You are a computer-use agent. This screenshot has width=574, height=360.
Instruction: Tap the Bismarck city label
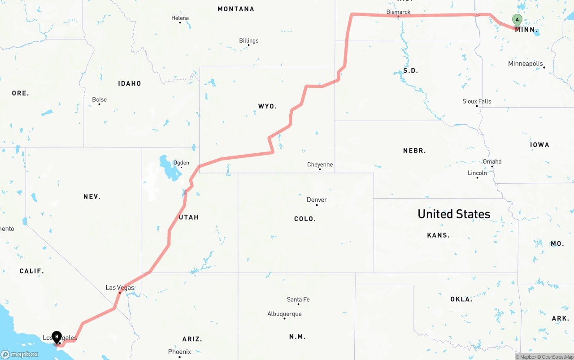tap(398, 12)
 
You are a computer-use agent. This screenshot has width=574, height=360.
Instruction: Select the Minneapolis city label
tap(525, 64)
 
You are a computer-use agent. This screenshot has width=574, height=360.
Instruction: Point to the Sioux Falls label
tap(477, 101)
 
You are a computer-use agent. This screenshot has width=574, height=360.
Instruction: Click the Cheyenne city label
tap(320, 165)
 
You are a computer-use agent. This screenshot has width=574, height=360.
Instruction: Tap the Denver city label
tap(317, 200)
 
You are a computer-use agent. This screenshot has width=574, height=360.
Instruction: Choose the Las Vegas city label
tap(120, 287)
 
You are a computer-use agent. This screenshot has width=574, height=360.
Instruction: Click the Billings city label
tap(249, 40)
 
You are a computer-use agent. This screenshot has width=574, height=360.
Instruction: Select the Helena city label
tap(180, 18)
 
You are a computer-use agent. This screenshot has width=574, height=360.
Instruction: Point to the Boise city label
tap(99, 99)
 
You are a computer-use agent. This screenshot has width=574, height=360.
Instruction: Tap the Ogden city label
tap(181, 163)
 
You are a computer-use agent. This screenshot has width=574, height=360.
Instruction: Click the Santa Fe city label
tap(298, 299)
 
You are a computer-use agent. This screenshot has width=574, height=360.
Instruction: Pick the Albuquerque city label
tap(284, 314)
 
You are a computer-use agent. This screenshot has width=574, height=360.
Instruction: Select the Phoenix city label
tap(179, 351)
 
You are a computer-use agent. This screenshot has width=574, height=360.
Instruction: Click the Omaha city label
tap(492, 161)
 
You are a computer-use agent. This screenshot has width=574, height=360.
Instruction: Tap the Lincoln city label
tap(477, 173)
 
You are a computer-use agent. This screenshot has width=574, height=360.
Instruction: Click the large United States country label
tap(454, 214)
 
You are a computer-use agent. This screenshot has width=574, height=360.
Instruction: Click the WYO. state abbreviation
tap(267, 106)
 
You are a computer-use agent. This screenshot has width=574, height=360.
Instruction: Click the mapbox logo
tap(20, 354)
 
